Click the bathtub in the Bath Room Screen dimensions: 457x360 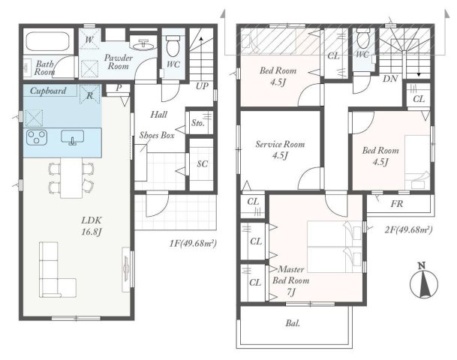tap(48, 41)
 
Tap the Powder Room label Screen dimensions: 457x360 tap(119, 61)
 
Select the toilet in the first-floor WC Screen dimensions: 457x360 tap(173, 46)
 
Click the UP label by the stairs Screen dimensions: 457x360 tap(202, 86)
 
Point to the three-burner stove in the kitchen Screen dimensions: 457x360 tap(37, 137)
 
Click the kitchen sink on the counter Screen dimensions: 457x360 tap(72, 137)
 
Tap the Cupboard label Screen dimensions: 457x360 tap(48, 91)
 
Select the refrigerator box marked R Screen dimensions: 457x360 tap(90, 94)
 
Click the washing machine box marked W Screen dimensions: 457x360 tap(89, 38)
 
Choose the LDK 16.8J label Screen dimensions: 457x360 tap(92, 226)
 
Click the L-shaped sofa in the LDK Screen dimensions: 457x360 tap(58, 269)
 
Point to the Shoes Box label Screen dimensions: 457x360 tap(157, 135)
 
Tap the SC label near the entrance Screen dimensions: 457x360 tap(203, 164)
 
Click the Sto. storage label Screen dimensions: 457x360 tap(198, 123)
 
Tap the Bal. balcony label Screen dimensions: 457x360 tap(293, 323)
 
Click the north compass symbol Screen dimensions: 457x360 tap(424, 281)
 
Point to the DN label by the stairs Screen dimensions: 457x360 tap(390, 78)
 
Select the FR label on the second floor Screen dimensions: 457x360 tap(397, 204)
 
